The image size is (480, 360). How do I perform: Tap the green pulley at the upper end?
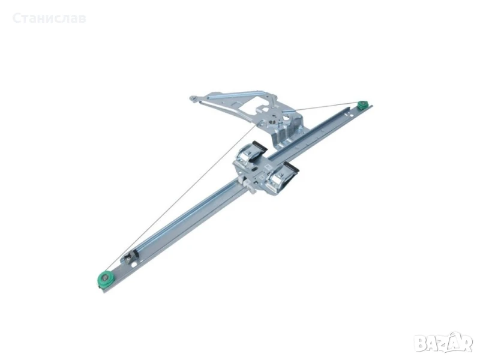click(x=364, y=106)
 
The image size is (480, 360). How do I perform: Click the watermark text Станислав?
click(x=49, y=19)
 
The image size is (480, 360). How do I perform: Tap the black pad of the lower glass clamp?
click(x=291, y=167)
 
